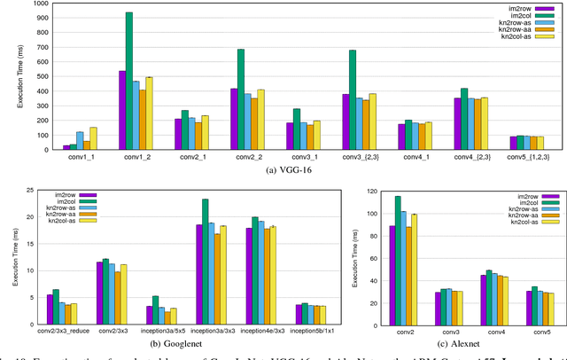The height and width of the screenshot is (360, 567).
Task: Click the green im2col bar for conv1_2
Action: coord(129,81)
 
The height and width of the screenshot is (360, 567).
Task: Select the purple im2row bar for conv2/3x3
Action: coord(99,285)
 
